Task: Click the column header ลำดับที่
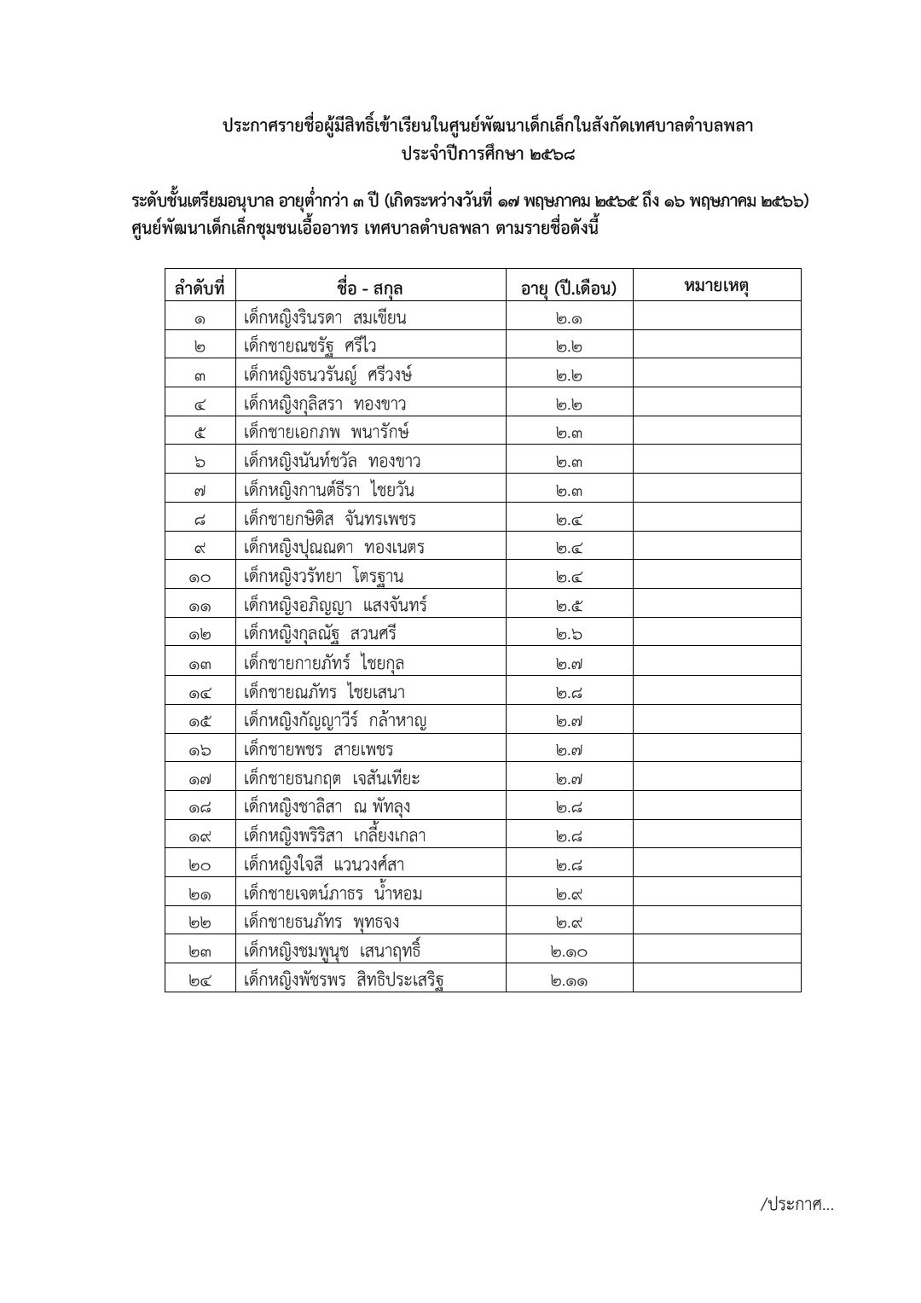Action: click(x=200, y=288)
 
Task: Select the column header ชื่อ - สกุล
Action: click(x=369, y=288)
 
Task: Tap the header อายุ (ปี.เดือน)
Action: click(x=569, y=288)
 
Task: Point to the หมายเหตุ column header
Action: click(x=716, y=286)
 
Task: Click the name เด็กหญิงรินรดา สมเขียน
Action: click(x=325, y=318)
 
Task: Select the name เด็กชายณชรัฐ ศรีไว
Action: click(x=310, y=346)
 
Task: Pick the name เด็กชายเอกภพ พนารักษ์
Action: click(x=327, y=433)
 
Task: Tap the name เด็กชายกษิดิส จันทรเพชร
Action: click(x=330, y=519)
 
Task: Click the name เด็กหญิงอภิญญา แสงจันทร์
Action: click(x=335, y=606)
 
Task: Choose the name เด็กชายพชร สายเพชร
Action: click(x=318, y=750)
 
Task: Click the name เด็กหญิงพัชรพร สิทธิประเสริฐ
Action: click(x=344, y=980)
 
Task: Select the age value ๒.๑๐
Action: click(x=569, y=951)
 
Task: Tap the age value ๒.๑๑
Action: click(x=569, y=980)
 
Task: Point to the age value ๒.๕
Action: click(x=569, y=606)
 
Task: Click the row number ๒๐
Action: click(x=200, y=865)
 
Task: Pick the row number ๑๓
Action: click(x=200, y=663)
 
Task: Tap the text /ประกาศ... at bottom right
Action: click(x=796, y=1204)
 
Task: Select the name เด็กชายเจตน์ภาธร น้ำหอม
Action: click(x=333, y=893)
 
